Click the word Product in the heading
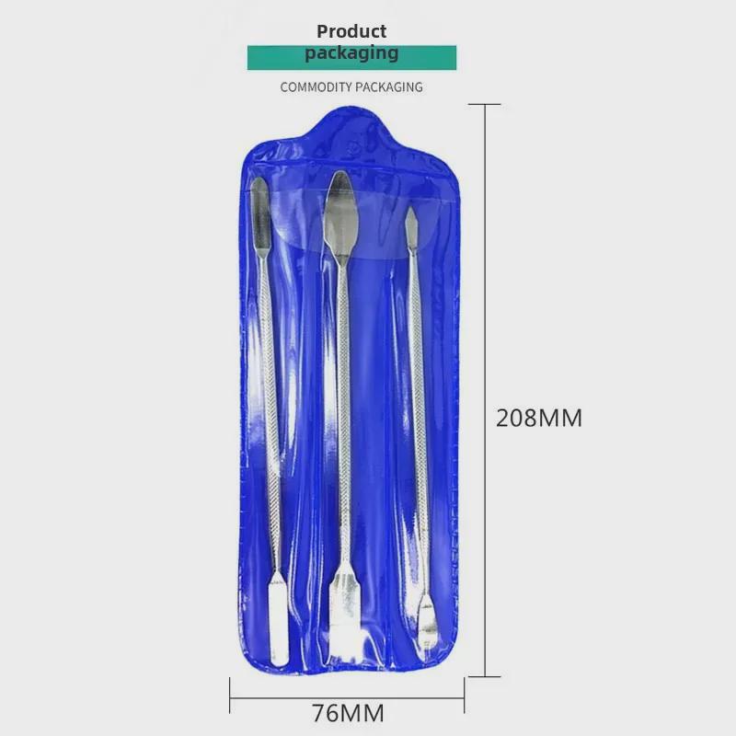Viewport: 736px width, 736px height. [351, 32]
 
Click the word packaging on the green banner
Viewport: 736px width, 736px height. [351, 53]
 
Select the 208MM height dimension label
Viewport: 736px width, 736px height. [539, 418]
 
